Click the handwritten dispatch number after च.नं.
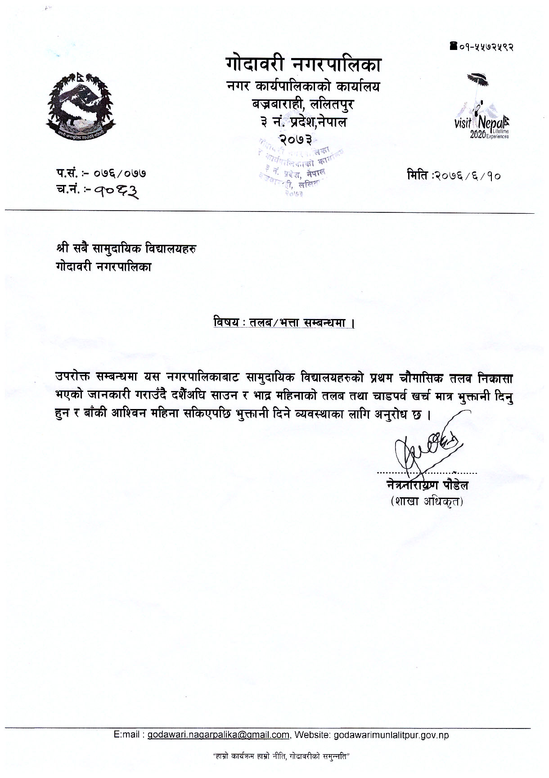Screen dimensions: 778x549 114,192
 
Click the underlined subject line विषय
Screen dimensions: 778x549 283,323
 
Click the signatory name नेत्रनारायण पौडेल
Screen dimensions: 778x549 427,486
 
